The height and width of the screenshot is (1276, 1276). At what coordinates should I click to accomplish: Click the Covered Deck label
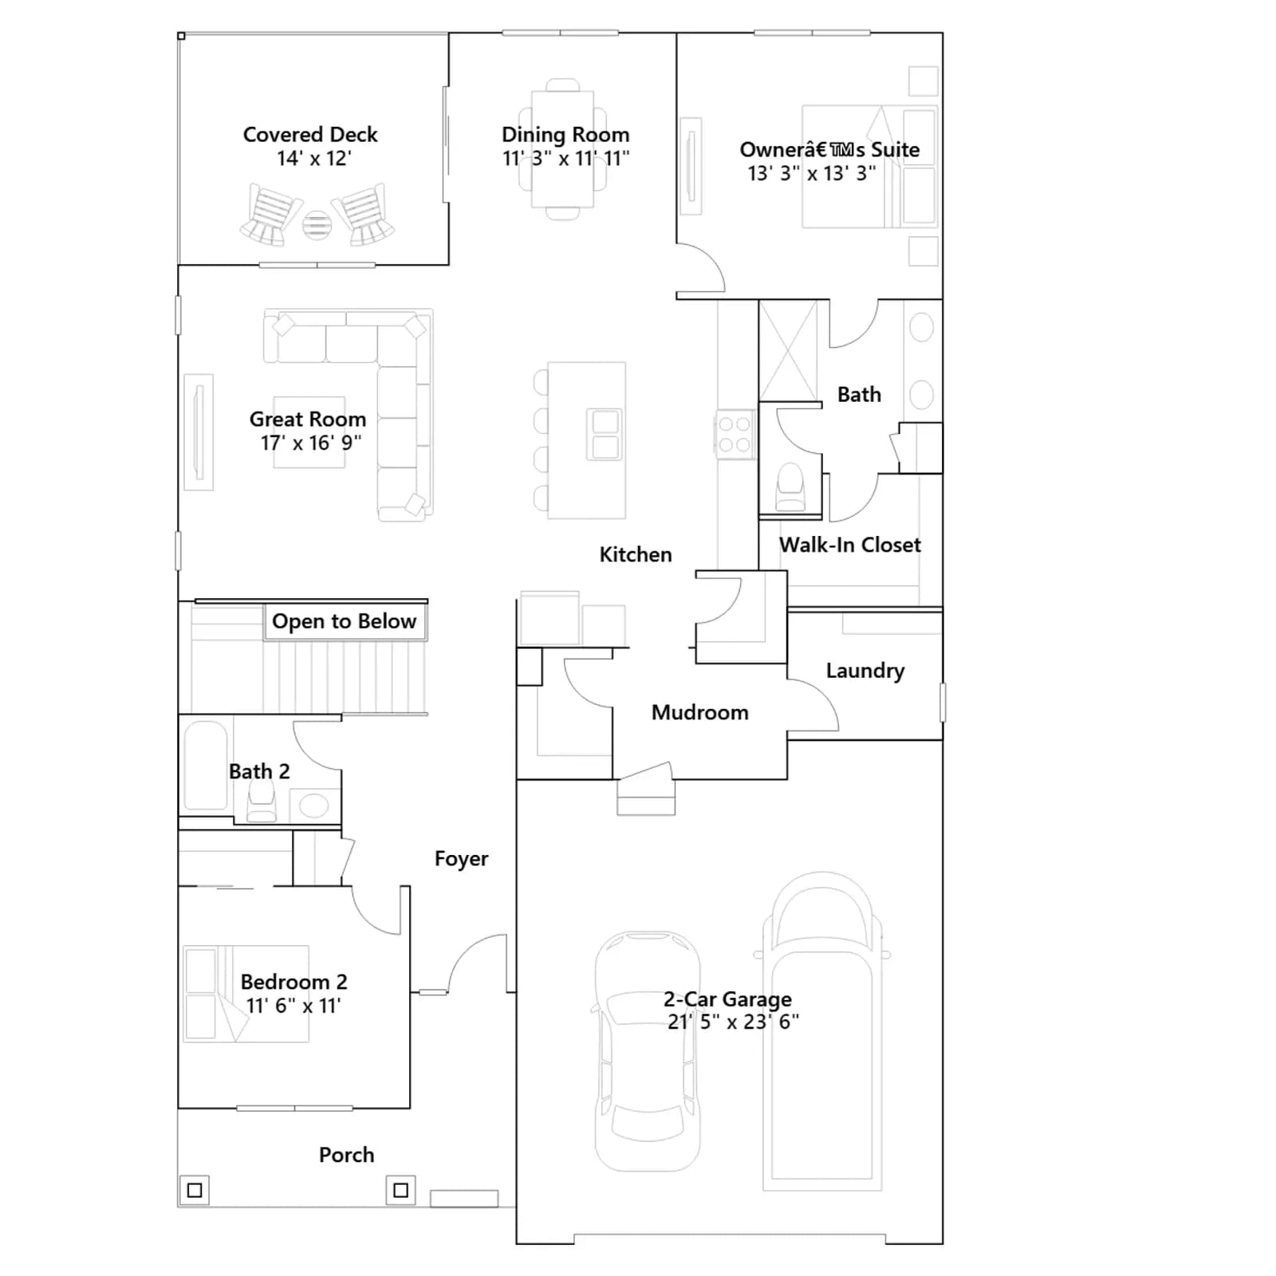pyautogui.click(x=310, y=134)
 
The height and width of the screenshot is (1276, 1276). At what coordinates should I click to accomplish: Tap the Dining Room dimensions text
pyautogui.click(x=565, y=159)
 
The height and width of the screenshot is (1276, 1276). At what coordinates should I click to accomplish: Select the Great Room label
pyautogui.click(x=308, y=419)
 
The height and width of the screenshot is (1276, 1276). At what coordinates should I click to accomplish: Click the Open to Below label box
pyautogui.click(x=345, y=622)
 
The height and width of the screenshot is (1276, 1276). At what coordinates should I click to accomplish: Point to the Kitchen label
pyautogui.click(x=636, y=554)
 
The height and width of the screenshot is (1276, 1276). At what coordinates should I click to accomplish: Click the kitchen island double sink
pyautogui.click(x=605, y=435)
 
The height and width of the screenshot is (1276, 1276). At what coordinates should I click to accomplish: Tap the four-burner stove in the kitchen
pyautogui.click(x=734, y=435)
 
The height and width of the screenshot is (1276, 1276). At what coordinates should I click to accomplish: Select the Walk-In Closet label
pyautogui.click(x=850, y=545)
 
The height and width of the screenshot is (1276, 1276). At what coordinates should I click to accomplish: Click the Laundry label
pyautogui.click(x=865, y=671)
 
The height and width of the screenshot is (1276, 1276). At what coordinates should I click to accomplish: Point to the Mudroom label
pyautogui.click(x=700, y=712)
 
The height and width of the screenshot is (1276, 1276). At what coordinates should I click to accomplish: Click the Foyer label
pyautogui.click(x=461, y=859)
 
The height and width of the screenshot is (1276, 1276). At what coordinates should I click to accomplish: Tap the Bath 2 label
pyautogui.click(x=259, y=771)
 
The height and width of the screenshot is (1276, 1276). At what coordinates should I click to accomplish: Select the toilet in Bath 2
pyautogui.click(x=262, y=801)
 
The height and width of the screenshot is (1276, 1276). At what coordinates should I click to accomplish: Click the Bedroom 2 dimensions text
pyautogui.click(x=293, y=1006)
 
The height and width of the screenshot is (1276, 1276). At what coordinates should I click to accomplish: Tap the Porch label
pyautogui.click(x=346, y=1155)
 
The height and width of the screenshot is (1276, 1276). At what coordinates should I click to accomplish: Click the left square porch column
pyautogui.click(x=195, y=1191)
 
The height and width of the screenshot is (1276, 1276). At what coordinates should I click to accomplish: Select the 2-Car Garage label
pyautogui.click(x=727, y=998)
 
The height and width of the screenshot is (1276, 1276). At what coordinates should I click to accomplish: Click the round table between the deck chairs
pyautogui.click(x=317, y=226)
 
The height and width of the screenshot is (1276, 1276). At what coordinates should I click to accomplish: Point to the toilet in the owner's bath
pyautogui.click(x=790, y=487)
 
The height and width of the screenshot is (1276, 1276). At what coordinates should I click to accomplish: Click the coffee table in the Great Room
pyautogui.click(x=309, y=432)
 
